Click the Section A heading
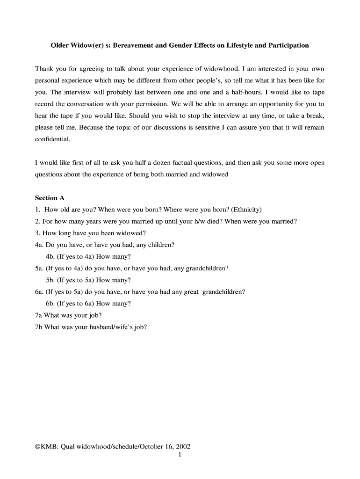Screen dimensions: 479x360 50,198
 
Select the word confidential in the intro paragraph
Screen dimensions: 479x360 53,139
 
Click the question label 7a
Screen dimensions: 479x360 39,315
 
